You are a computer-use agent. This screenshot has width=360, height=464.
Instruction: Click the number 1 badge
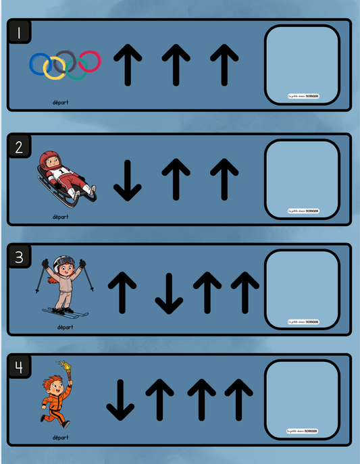pos(19,31)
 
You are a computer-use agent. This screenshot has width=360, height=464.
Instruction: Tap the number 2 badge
pos(19,146)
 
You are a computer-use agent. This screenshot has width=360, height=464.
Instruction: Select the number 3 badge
pos(19,257)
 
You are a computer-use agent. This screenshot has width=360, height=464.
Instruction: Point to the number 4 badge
pos(19,367)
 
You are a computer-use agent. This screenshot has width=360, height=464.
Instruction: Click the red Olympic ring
pos(90,61)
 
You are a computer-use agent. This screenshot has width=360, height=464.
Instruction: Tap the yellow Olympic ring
pos(54,66)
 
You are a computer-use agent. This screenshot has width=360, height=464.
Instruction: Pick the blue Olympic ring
pos(40,63)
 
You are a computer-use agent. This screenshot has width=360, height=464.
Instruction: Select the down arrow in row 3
pos(168,292)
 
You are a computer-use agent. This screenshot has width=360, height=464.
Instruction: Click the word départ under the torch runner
pos(61,438)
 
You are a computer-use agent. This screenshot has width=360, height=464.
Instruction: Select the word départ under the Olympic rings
pos(61,103)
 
